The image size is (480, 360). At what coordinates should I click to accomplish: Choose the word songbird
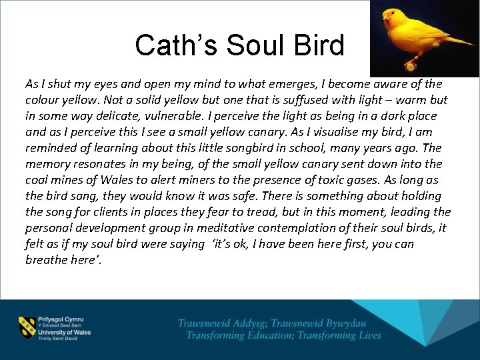243,148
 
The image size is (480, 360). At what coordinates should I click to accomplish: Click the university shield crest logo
27,327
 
